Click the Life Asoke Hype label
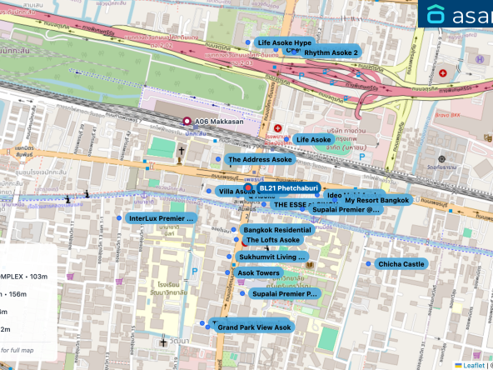coord(284,42)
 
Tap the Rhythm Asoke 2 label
coord(331,52)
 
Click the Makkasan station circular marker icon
coord(187,121)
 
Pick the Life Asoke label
coord(313,139)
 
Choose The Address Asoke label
coord(260,159)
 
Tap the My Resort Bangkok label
coord(376,201)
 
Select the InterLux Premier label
coord(162,218)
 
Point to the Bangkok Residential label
coord(276,229)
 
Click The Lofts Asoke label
coord(272,240)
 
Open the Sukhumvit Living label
coord(271,257)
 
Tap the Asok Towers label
coord(258,272)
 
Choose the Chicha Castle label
coord(401,264)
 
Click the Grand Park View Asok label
coord(254,327)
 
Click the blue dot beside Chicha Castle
coord(368,263)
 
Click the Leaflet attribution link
coord(475,364)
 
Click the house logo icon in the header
coord(436,14)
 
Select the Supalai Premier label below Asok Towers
coord(285,293)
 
